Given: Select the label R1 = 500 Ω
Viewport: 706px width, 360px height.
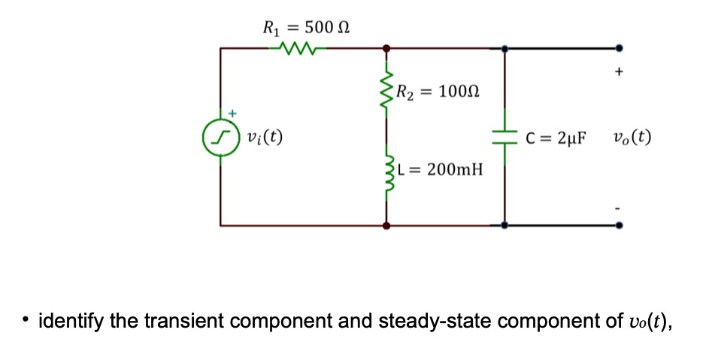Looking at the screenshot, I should click(305, 29).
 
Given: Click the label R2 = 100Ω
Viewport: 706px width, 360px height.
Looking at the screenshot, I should click(438, 93).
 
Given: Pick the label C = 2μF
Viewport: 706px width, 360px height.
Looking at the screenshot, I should click(557, 138).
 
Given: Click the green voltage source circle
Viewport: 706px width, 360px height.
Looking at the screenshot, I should click(220, 138).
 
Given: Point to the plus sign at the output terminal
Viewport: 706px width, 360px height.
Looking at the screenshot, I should click(619, 74).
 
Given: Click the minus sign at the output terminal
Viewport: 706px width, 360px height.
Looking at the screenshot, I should click(619, 203).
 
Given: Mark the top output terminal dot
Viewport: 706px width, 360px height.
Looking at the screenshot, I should click(619, 48).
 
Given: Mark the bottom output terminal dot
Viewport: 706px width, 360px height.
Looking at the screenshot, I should click(619, 224).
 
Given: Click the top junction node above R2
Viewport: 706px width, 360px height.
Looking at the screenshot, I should click(386, 48).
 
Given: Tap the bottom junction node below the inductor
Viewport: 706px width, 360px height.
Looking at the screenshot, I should click(386, 224).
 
